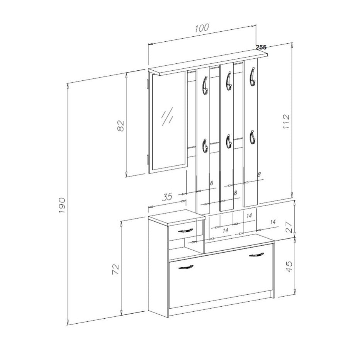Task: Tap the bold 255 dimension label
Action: (x=261, y=47)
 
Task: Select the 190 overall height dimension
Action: (x=63, y=205)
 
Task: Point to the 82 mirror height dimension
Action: (x=121, y=126)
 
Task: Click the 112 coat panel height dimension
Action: (x=286, y=121)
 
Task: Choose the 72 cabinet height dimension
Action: (x=115, y=269)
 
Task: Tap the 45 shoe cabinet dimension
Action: (x=290, y=267)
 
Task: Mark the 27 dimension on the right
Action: (x=290, y=227)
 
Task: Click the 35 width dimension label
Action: (x=167, y=197)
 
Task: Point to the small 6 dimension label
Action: (x=212, y=183)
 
